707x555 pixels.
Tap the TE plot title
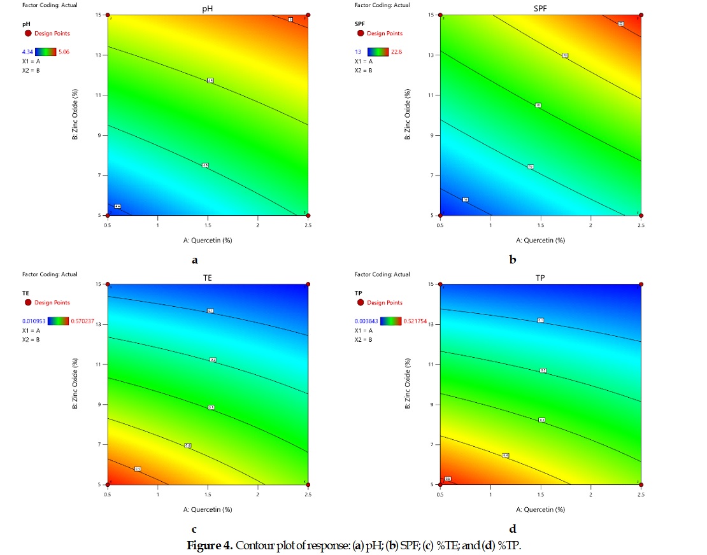208,277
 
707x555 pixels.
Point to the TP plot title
540,277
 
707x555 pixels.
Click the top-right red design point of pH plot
308,15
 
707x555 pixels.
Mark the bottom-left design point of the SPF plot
440,216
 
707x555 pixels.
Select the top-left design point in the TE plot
108,285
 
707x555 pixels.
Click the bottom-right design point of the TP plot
641,484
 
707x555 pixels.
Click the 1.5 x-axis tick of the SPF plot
540,225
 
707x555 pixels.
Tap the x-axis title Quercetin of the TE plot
208,510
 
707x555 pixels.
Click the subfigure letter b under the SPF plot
512,260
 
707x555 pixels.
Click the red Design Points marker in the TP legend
360,302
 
